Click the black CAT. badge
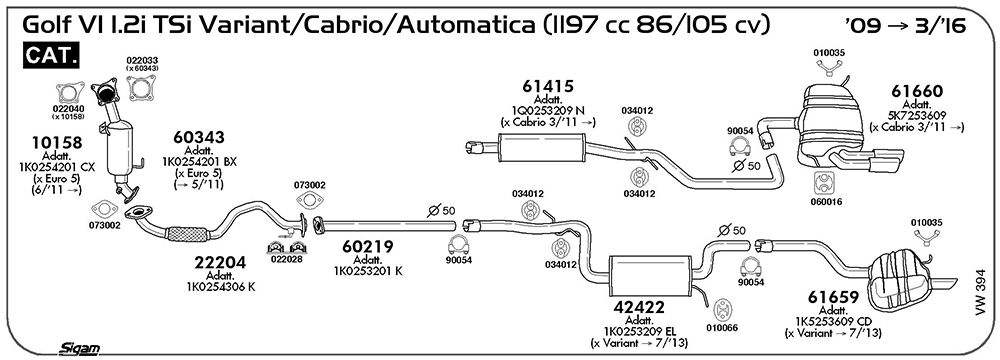click(x=52, y=55)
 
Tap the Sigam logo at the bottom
click(x=79, y=348)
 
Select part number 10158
click(x=57, y=142)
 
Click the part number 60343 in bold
click(x=199, y=137)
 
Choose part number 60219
click(x=367, y=246)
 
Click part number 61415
click(x=548, y=86)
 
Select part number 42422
click(x=639, y=308)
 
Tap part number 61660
click(x=917, y=91)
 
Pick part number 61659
click(x=834, y=297)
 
